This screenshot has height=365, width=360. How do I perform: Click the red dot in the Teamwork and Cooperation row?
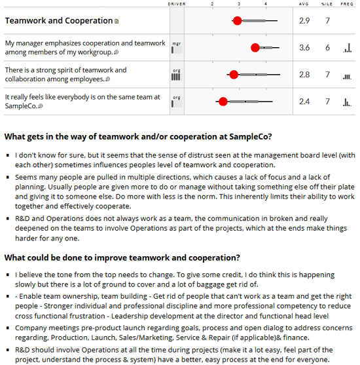pos(237,21)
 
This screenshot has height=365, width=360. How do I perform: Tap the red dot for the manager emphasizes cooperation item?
pos(255,48)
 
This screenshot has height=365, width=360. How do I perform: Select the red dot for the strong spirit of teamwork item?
pos(233,75)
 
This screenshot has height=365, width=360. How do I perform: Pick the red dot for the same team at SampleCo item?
pos(223,102)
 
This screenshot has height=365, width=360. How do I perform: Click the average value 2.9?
pos(304,21)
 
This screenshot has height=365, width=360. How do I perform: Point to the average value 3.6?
pos(304,48)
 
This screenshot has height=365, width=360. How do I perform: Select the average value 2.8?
pos(304,75)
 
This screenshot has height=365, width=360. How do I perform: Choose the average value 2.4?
pos(304,102)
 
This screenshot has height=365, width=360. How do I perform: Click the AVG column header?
pos(304,4)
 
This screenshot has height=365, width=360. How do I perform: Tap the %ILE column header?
pos(327,4)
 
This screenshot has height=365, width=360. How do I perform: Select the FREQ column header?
pos(347,4)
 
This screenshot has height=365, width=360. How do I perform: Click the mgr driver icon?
pos(177,47)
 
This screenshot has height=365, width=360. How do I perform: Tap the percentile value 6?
pos(327,48)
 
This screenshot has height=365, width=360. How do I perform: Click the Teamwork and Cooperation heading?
pos(58,21)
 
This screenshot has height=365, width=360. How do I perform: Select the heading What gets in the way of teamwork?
pos(137,137)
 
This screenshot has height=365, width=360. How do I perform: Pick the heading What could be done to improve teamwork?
pos(122,258)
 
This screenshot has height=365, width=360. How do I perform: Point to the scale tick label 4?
pos(266,4)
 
